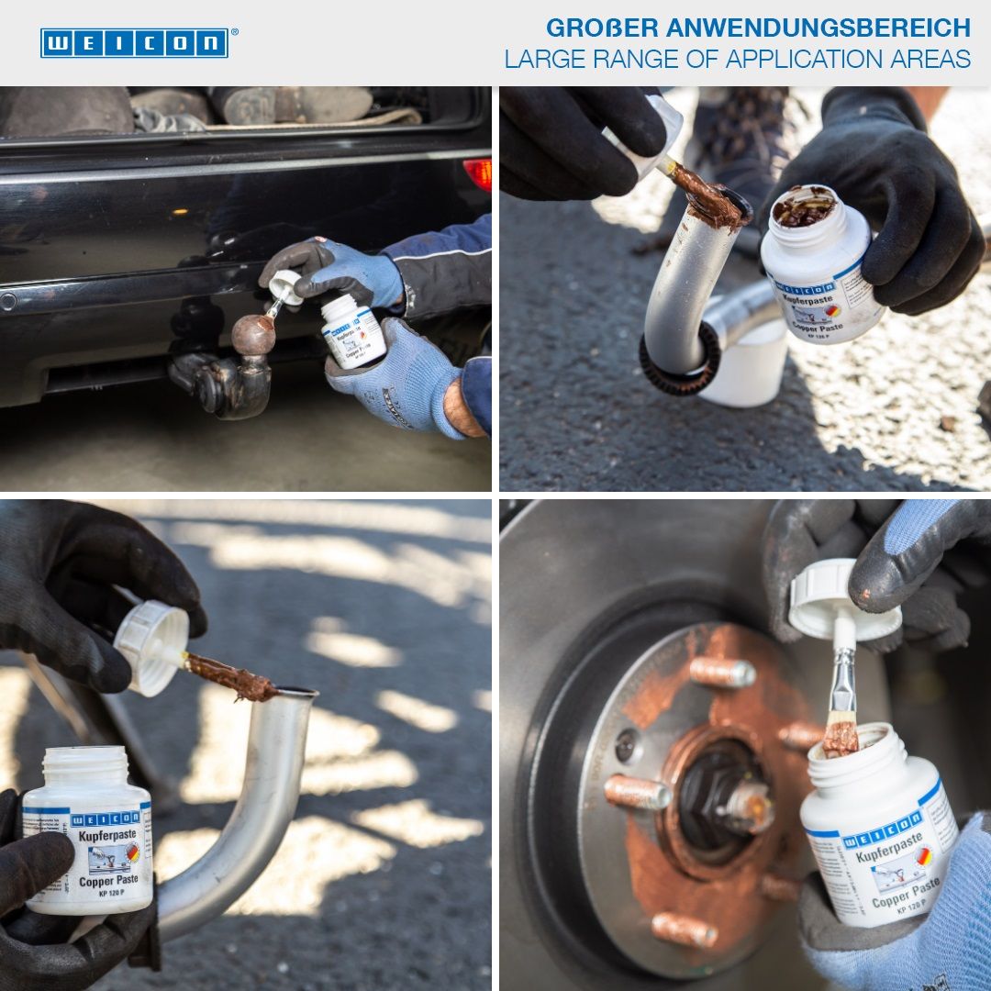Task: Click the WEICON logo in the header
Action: point(134,43)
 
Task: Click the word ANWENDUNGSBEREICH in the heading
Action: point(818,28)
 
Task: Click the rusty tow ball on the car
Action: point(252,335)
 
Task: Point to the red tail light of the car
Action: point(478,173)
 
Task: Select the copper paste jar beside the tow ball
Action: point(353,331)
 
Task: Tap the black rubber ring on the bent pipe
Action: point(680,368)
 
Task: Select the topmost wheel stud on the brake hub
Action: point(723,672)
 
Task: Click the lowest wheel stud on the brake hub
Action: point(685,930)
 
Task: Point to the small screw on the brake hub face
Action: point(626,746)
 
